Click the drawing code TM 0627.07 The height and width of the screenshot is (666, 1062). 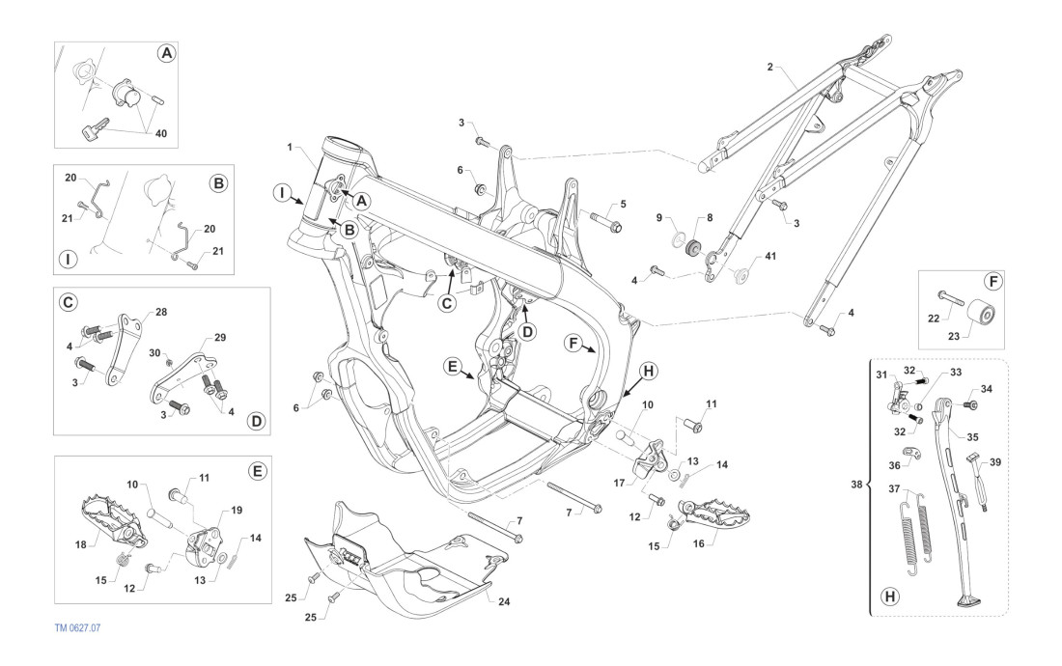tap(77, 627)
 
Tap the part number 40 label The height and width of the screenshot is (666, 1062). tap(161, 134)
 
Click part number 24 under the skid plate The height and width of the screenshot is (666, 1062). tap(505, 600)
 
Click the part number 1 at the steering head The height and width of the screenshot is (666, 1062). tap(289, 146)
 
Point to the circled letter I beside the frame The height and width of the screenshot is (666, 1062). tap(278, 194)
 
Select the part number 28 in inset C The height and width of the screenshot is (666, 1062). tap(160, 312)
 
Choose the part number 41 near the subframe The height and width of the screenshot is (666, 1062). tap(769, 258)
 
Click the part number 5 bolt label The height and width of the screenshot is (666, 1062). tap(623, 204)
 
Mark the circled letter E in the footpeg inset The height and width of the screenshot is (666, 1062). tap(256, 471)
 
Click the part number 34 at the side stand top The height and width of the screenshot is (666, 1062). tap(987, 389)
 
